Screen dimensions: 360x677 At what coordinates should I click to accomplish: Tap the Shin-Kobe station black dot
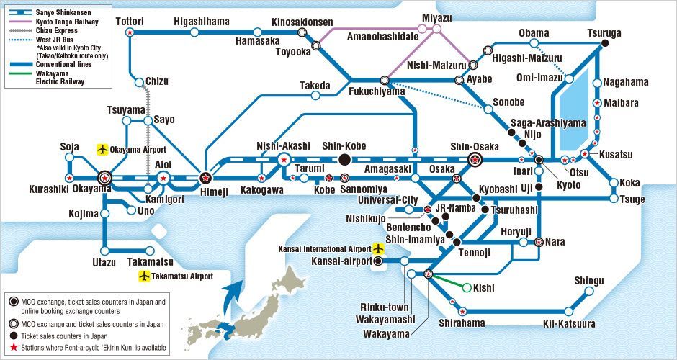[x=344, y=159]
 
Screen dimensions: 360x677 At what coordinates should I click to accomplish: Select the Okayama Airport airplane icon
[x=102, y=149]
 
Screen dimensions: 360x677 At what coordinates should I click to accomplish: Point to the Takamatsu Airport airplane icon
[x=145, y=276]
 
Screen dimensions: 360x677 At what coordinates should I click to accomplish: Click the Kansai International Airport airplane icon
[x=379, y=248]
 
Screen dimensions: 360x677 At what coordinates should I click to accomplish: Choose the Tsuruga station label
[x=604, y=33]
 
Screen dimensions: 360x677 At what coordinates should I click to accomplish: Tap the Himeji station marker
[x=205, y=176]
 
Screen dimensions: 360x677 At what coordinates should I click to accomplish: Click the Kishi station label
[x=484, y=288]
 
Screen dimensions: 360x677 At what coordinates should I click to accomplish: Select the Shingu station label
[x=589, y=281]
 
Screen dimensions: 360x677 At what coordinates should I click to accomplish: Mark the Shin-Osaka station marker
[x=475, y=159]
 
